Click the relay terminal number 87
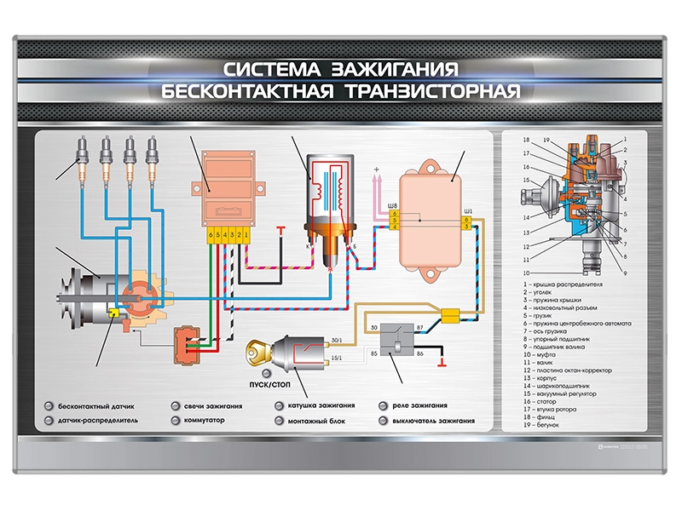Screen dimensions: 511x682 point(419,327)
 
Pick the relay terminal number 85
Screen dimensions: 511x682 point(373,352)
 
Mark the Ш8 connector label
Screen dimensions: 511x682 point(393,204)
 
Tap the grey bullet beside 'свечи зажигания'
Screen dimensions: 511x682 point(175,406)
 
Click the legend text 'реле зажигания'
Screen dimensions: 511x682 point(420,406)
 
